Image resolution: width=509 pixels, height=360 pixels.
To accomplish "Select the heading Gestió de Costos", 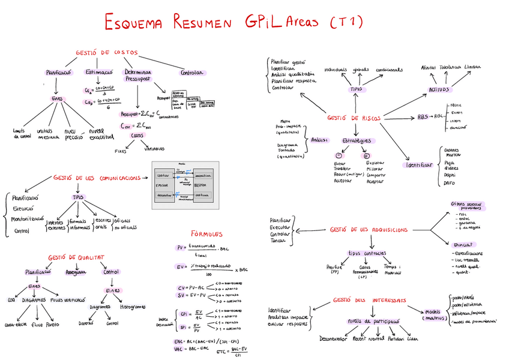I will [106, 53].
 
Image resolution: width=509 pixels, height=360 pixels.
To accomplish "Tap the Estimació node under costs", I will [99, 72].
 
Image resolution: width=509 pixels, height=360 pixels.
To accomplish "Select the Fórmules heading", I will [207, 233].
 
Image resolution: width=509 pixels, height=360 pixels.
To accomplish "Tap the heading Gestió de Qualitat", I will [76, 257].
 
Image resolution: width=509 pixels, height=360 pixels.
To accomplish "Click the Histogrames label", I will [133, 306].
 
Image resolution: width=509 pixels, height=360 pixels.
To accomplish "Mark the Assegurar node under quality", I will [76, 272].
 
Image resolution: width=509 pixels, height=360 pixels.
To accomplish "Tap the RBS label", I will [423, 117].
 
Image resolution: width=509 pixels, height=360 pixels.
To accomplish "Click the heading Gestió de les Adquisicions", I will [369, 229].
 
